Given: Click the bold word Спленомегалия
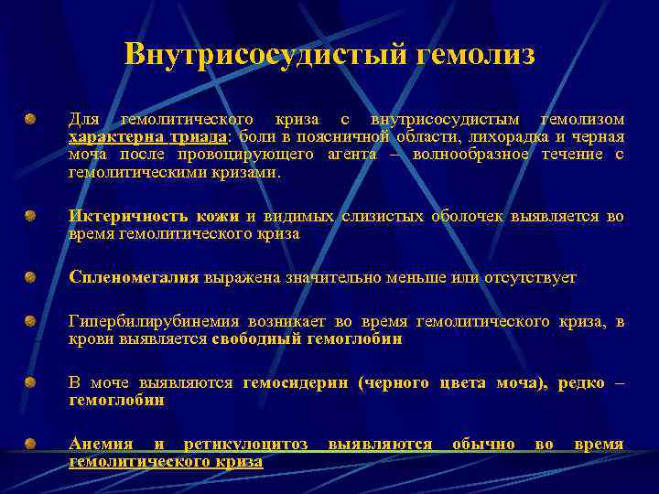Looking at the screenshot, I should pos(135,277).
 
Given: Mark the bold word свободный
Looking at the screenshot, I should pos(253,338).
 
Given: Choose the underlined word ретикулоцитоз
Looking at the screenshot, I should pos(245,445).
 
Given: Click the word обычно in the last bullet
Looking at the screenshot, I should pos(483,445).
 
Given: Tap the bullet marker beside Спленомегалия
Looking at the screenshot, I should pos(30,275).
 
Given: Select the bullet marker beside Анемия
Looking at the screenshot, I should pos(30,443).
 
